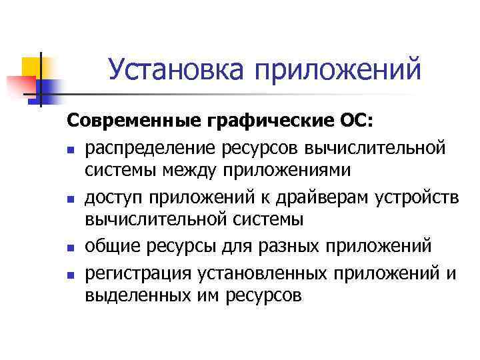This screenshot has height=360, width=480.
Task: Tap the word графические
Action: (x=256, y=122)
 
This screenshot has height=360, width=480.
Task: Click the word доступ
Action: (x=115, y=197)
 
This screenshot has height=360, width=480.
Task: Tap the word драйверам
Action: (x=323, y=197)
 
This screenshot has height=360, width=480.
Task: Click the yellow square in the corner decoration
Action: (x=33, y=67)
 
